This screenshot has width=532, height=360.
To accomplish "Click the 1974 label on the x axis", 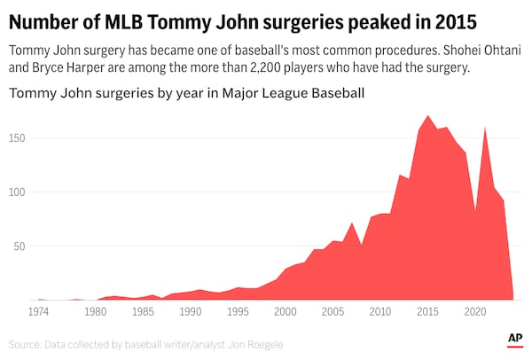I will (x=38, y=313).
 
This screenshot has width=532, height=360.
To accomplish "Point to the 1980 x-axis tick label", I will (x=95, y=313).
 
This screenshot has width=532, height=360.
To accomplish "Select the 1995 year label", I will (x=238, y=313).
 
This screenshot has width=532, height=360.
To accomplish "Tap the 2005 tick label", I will (x=332, y=313).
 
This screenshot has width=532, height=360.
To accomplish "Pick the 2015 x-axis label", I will (x=427, y=313).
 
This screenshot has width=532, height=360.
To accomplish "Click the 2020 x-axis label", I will (x=475, y=313).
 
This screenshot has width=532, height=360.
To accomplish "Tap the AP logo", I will (x=514, y=339).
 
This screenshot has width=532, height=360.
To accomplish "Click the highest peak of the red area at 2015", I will (x=428, y=116).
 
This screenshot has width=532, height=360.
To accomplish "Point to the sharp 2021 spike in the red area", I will (x=485, y=129).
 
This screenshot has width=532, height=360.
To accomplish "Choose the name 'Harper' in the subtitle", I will (x=102, y=68).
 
